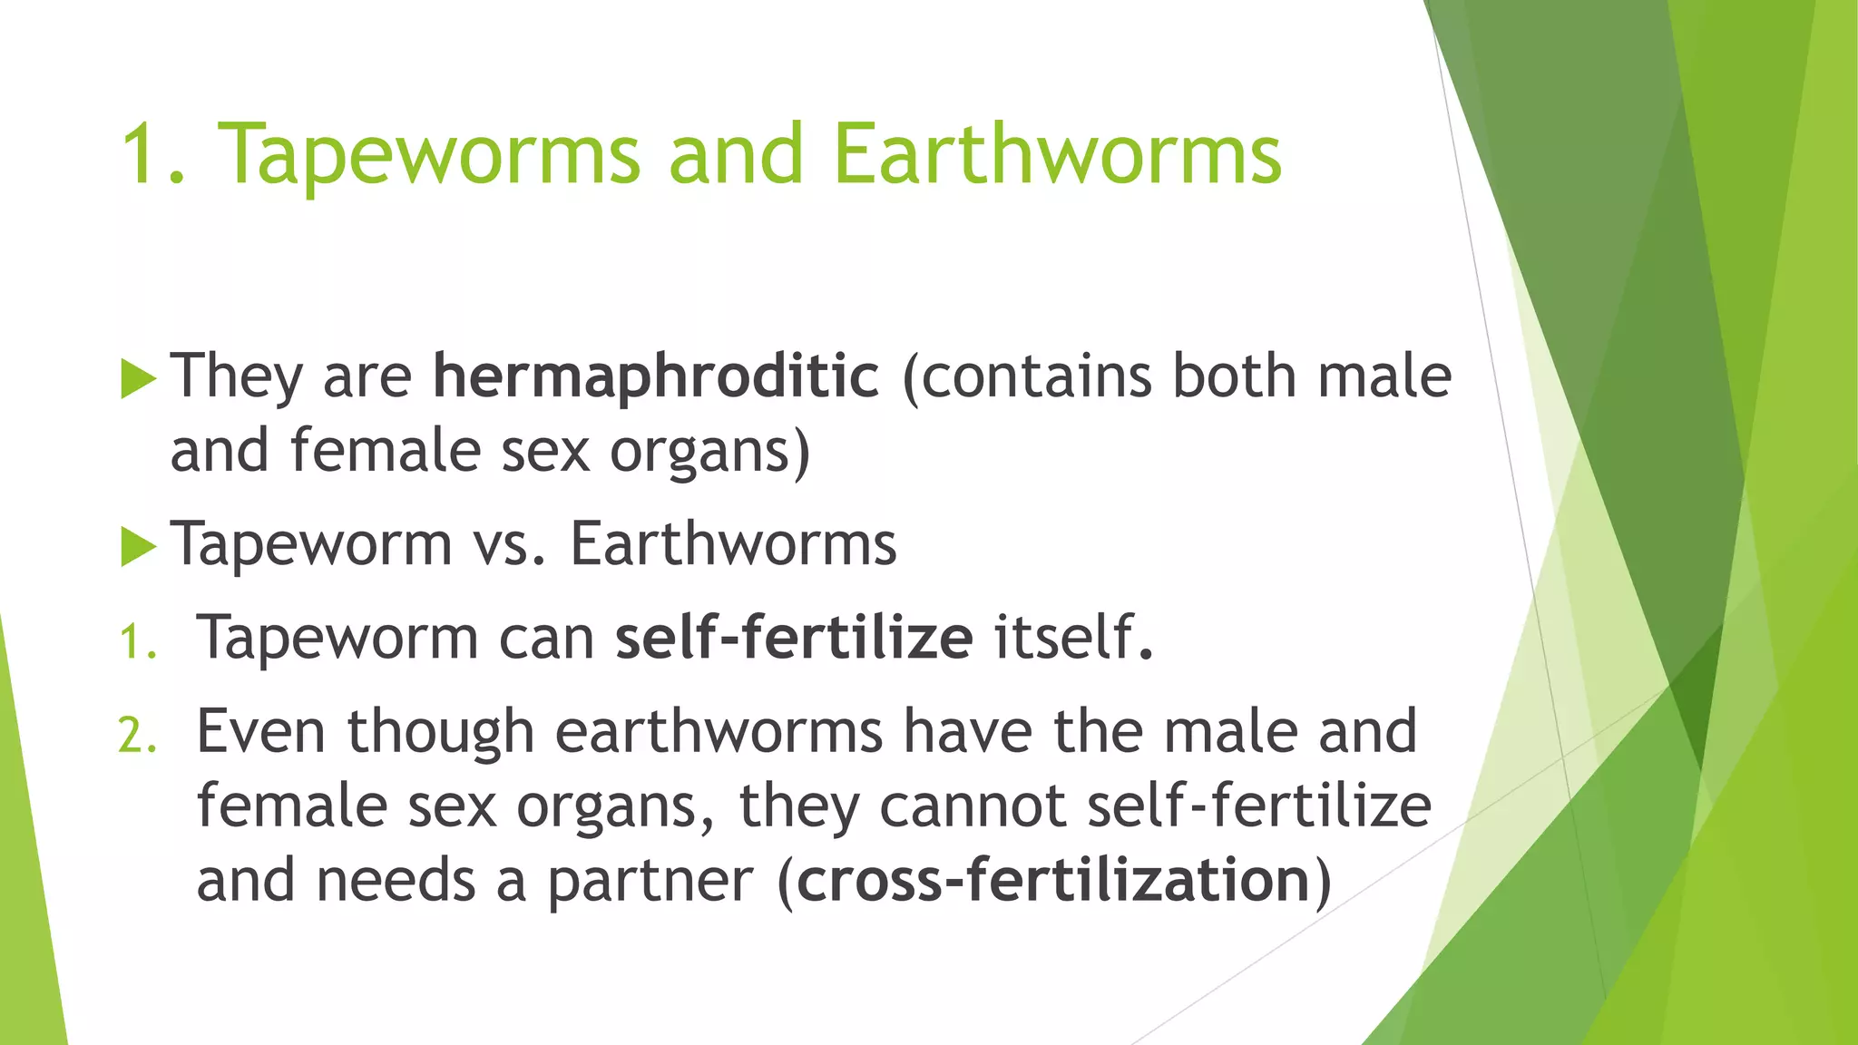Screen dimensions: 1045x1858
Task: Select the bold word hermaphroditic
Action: pos(656,376)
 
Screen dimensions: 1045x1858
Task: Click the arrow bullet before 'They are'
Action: pos(138,378)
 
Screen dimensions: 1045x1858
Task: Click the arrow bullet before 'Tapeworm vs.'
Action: pos(138,546)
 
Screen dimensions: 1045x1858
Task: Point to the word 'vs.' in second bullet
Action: pos(510,545)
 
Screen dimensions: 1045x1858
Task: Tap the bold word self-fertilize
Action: pos(794,638)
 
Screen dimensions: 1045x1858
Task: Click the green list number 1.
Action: pos(138,642)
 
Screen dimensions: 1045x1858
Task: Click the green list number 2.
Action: pos(138,735)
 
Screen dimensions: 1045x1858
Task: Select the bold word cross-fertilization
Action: pos(1053,880)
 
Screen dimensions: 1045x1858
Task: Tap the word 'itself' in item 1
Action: pos(1064,638)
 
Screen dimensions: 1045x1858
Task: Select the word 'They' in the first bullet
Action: pos(237,376)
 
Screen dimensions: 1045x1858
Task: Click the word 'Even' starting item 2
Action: pos(260,731)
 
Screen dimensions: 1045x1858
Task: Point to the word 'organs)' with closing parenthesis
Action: pos(709,453)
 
